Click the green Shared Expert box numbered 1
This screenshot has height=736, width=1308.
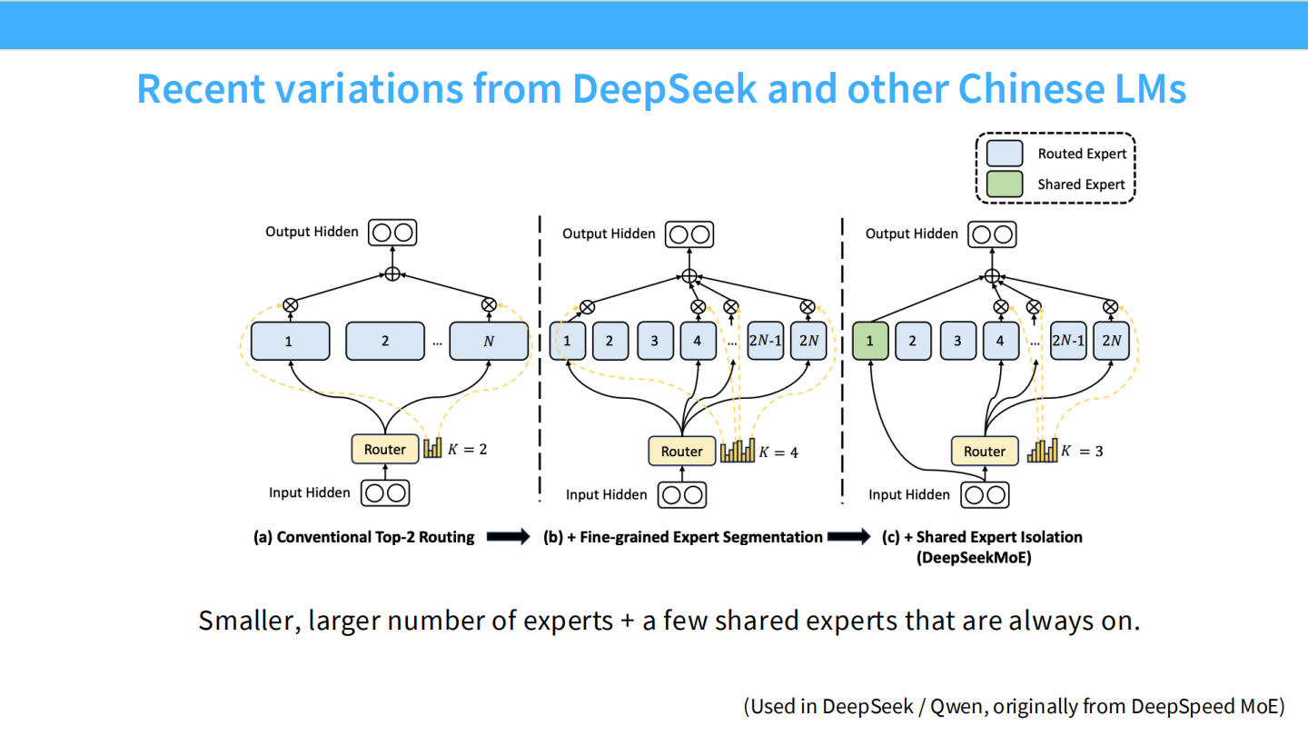(x=870, y=342)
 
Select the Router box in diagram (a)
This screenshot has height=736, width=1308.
(x=385, y=449)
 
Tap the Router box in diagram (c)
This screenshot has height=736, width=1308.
(x=985, y=451)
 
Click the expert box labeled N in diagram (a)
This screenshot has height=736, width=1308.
(x=489, y=342)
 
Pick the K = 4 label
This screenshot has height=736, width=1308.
(x=778, y=452)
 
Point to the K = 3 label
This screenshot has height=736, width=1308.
(x=1082, y=451)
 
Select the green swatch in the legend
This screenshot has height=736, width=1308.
(x=1005, y=184)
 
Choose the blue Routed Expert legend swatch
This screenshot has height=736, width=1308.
(x=1005, y=154)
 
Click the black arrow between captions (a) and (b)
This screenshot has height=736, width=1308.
(x=508, y=537)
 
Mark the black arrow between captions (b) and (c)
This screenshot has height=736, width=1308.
(x=848, y=537)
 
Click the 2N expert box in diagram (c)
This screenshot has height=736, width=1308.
(x=1111, y=342)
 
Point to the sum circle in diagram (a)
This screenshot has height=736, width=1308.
(x=392, y=274)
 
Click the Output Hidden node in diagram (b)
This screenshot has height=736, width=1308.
(x=689, y=234)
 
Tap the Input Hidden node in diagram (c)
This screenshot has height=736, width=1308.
(x=986, y=494)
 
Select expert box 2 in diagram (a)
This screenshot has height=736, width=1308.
(x=385, y=342)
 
